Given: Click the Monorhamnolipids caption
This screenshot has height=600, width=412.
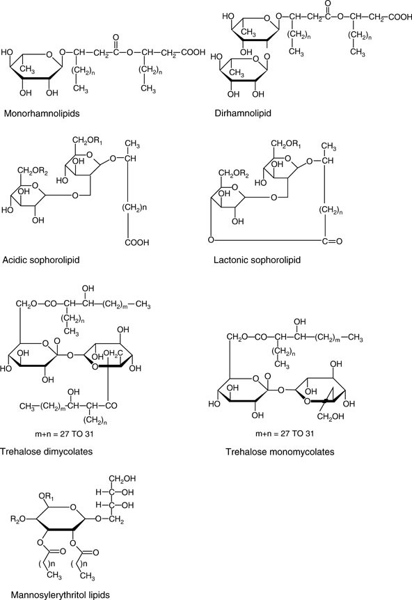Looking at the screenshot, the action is (x=42, y=113).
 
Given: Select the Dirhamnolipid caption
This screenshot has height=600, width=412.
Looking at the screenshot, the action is (x=243, y=113).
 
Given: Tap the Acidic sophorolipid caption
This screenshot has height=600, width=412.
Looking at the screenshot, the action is (x=41, y=260).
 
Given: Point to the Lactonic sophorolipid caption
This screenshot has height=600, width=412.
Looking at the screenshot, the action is (x=257, y=260).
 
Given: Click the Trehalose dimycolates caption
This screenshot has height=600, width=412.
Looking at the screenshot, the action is (x=47, y=452).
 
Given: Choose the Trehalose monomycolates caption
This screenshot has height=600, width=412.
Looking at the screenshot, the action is (x=280, y=452).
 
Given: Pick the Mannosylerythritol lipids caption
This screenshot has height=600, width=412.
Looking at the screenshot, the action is (x=60, y=595).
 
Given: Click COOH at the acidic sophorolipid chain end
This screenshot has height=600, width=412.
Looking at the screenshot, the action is (x=137, y=242).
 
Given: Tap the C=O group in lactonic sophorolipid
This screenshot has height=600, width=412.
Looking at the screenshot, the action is (x=331, y=241).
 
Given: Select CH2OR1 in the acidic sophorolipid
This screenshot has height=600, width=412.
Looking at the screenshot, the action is (x=88, y=141).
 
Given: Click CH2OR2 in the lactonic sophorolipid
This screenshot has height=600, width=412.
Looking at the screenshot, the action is (x=234, y=174).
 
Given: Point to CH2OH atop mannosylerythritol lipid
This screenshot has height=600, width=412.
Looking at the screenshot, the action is (x=122, y=479).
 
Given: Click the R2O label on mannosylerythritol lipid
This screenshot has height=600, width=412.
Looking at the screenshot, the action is (x=18, y=519).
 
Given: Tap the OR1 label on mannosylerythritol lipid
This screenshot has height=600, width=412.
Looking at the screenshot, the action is (x=47, y=497).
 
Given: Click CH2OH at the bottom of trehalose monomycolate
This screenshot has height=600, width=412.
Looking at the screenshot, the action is (x=331, y=417).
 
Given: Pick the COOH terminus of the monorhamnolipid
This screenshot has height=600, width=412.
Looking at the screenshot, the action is (x=193, y=52).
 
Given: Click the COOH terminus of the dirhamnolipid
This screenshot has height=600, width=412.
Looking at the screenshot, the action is (x=399, y=17).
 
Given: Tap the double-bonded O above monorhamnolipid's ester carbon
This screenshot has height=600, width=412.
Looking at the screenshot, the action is (x=116, y=38).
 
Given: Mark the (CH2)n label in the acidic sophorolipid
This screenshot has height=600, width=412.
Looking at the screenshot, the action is (x=134, y=208).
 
